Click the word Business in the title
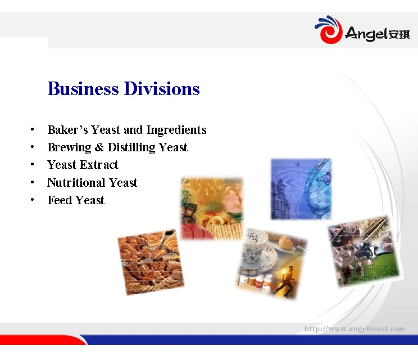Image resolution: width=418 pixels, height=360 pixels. coord(83,89)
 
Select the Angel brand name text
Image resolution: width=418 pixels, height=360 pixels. coord(366,34)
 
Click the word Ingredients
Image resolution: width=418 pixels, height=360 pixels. coord(176,130)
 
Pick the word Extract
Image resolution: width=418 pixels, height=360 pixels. coord(99,165)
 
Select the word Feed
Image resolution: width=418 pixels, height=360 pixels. coord(60,200)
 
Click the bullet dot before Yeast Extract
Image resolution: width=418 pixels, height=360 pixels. coord(34,165)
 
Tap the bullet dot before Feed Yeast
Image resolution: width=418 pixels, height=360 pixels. coord(34,200)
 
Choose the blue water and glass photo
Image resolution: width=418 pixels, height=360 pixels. coord(301,188)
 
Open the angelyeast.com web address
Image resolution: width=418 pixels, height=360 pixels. coord(354,328)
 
